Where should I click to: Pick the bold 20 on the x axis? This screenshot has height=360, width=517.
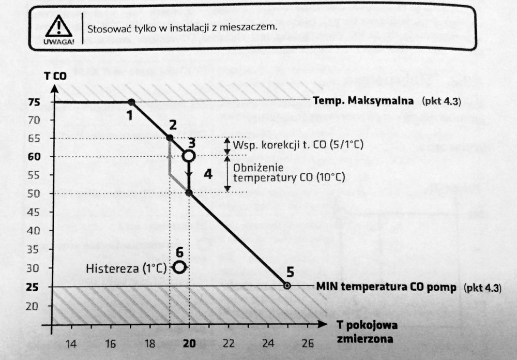click(189, 343)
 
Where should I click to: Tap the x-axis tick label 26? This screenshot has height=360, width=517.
click(307, 343)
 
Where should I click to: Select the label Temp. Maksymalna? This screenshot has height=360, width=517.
click(363, 101)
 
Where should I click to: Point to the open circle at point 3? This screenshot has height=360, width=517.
click(189, 155)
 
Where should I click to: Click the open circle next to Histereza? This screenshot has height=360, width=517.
click(180, 267)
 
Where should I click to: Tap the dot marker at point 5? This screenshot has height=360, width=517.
click(287, 286)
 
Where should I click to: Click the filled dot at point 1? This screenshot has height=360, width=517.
click(131, 102)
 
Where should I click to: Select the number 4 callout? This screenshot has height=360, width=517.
click(208, 174)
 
